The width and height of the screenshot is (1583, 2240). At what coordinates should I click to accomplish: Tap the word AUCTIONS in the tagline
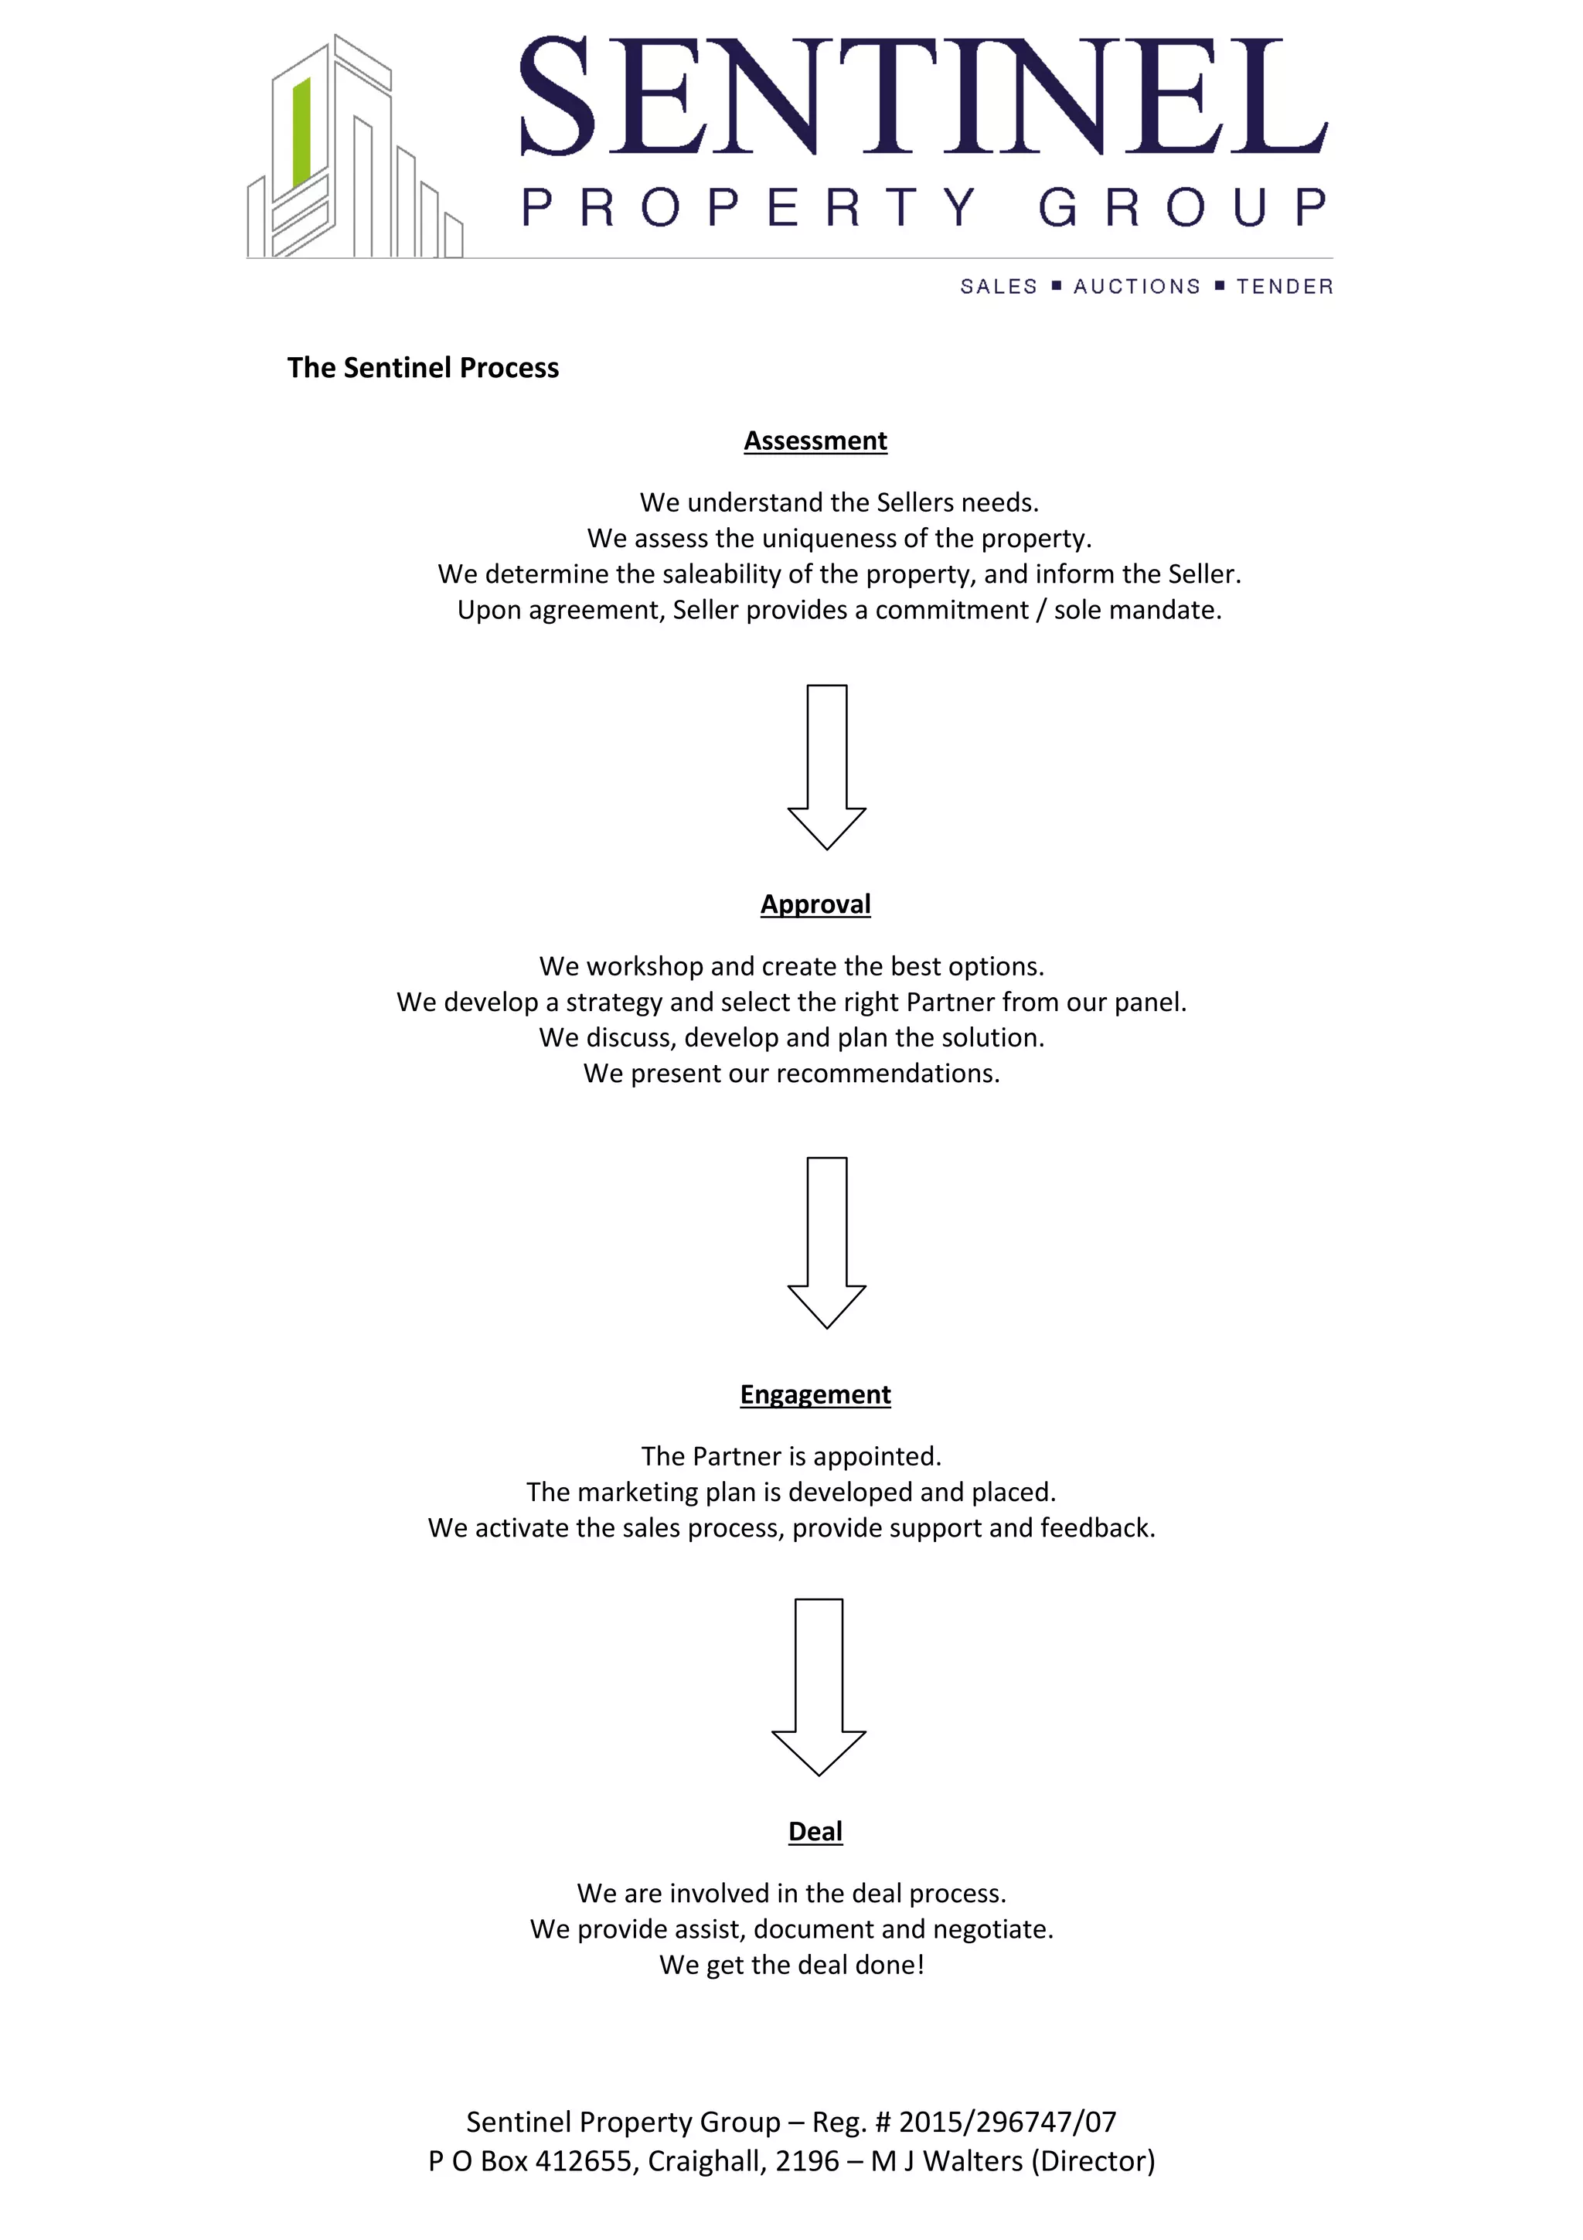[x=1136, y=286]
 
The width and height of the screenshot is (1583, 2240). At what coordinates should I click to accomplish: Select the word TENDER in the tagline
[x=1285, y=286]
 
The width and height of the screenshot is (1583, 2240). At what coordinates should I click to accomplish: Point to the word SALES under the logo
[x=999, y=286]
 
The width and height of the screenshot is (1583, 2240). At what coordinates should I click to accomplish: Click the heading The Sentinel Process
[x=422, y=368]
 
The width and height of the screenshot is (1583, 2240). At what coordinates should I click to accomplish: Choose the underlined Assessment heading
[x=815, y=441]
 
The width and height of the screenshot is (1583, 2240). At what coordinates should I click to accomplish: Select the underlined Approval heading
[x=815, y=904]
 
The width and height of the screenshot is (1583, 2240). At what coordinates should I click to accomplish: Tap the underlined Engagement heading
[x=815, y=1394]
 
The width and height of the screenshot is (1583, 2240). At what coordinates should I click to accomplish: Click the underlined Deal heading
[x=815, y=1831]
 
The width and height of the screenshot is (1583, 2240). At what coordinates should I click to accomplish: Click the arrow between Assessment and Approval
[x=826, y=766]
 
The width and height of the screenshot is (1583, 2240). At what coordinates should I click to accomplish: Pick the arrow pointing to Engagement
[x=826, y=1241]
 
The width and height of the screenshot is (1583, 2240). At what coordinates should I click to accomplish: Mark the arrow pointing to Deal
[x=819, y=1686]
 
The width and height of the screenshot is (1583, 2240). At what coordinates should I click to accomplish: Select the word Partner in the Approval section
[x=949, y=1002]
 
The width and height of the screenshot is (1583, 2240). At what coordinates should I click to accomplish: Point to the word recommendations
[x=887, y=1073]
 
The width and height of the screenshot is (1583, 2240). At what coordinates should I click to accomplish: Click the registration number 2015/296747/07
[x=1008, y=2122]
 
